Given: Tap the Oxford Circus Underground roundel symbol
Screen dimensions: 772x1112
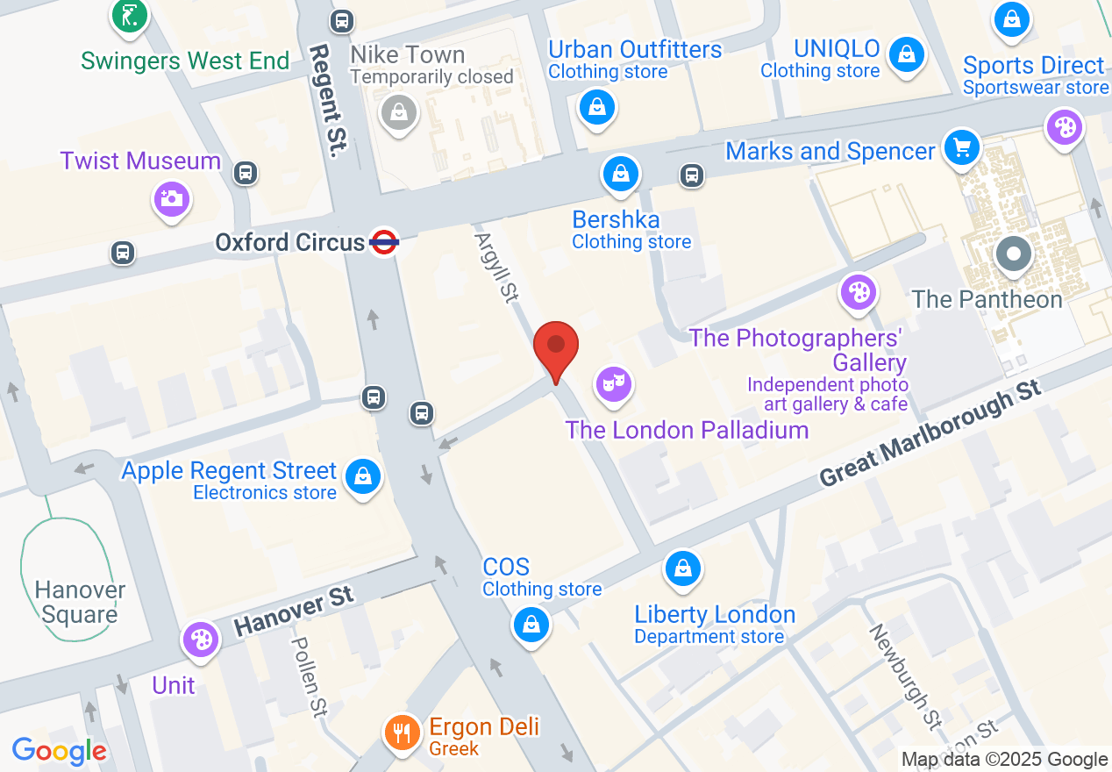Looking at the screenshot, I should (x=384, y=241).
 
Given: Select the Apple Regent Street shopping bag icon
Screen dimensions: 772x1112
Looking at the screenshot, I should (x=361, y=477).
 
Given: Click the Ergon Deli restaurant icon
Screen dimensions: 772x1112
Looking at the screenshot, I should (x=403, y=731).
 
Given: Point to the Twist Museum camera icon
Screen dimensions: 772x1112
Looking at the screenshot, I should (x=172, y=198).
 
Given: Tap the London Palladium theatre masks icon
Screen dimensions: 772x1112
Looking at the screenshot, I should (x=614, y=382).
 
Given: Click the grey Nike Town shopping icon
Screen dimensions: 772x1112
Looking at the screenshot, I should (x=399, y=111).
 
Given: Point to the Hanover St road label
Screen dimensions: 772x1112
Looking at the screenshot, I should (x=295, y=611).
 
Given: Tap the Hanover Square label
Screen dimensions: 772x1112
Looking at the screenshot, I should (x=80, y=602).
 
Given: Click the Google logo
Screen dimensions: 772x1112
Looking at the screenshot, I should (x=60, y=751).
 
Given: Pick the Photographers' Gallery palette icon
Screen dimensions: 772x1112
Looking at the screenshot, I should (x=859, y=293).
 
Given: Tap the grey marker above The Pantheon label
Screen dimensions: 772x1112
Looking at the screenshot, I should (x=1015, y=254).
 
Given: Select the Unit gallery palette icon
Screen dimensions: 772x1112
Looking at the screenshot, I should (x=201, y=640).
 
